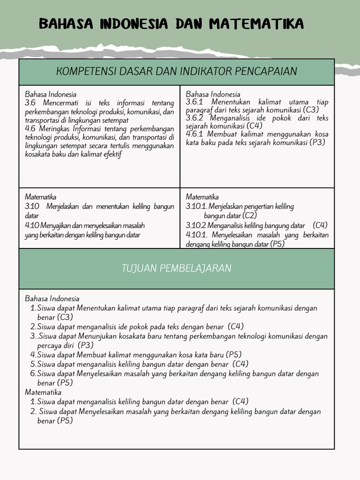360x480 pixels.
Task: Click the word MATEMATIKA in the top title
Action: pos(257,23)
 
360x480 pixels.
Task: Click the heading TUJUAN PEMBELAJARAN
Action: pos(176,268)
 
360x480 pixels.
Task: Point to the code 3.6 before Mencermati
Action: pos(30,103)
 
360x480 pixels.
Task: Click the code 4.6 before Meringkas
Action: pos(30,128)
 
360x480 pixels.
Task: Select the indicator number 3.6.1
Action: pos(195,102)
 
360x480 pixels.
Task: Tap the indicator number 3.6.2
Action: pos(195,118)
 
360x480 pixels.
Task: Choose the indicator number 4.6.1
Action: pos(195,134)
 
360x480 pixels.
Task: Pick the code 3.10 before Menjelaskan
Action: pos(32,206)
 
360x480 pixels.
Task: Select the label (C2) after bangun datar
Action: pos(249,216)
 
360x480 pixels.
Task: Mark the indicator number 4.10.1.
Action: pos(196,235)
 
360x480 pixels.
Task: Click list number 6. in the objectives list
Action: pos(33,374)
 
